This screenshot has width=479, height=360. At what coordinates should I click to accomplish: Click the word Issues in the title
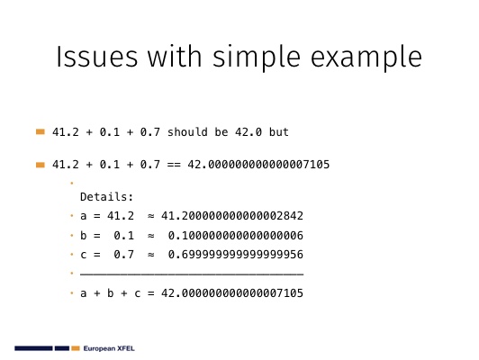[97, 57]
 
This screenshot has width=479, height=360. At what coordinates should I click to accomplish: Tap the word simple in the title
[257, 58]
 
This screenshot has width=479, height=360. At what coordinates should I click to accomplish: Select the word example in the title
[366, 58]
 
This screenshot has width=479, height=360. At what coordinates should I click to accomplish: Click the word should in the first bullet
[187, 132]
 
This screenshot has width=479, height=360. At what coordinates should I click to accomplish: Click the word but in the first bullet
[278, 132]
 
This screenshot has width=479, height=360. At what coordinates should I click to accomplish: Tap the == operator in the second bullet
[174, 165]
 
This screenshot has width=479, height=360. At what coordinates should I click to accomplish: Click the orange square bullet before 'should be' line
[41, 132]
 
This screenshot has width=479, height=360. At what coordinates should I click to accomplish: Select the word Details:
[106, 196]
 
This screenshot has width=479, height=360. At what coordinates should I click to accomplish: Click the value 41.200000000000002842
[232, 216]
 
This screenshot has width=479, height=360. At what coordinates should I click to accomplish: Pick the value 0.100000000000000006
[236, 236]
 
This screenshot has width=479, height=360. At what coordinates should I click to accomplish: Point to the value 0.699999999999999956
[236, 255]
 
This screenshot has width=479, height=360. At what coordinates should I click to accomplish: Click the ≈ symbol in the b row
[150, 236]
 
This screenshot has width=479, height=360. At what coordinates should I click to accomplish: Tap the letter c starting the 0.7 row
[83, 255]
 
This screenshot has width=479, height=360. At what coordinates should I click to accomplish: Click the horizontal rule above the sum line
[192, 274]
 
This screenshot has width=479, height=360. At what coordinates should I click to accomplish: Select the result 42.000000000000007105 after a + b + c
[232, 293]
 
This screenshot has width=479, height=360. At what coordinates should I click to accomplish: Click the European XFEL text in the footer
[109, 348]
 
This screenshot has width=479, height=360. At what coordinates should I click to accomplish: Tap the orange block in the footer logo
[76, 348]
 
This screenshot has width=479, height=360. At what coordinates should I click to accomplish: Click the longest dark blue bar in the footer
[33, 348]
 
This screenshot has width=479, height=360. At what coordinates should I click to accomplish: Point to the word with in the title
[175, 57]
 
